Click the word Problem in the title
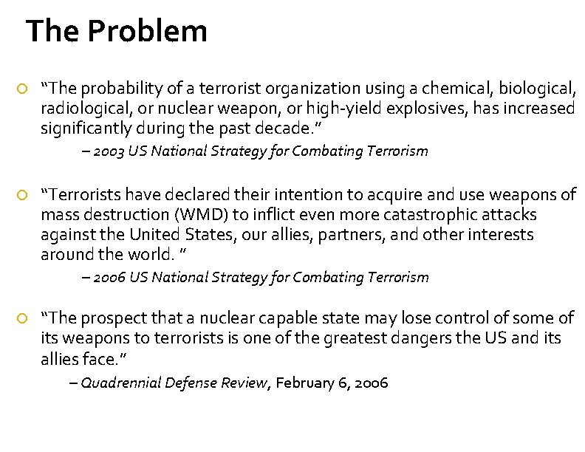pyautogui.click(x=147, y=32)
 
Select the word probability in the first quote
pyautogui.click(x=116, y=89)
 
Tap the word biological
pyautogui.click(x=536, y=89)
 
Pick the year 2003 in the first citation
pyautogui.click(x=109, y=151)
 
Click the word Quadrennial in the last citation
pyautogui.click(x=121, y=383)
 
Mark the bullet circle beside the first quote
pyautogui.click(x=22, y=90)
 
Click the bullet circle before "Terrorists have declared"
pyautogui.click(x=22, y=195)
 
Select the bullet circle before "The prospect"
pyautogui.click(x=22, y=318)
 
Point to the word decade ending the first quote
pyautogui.click(x=289, y=130)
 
